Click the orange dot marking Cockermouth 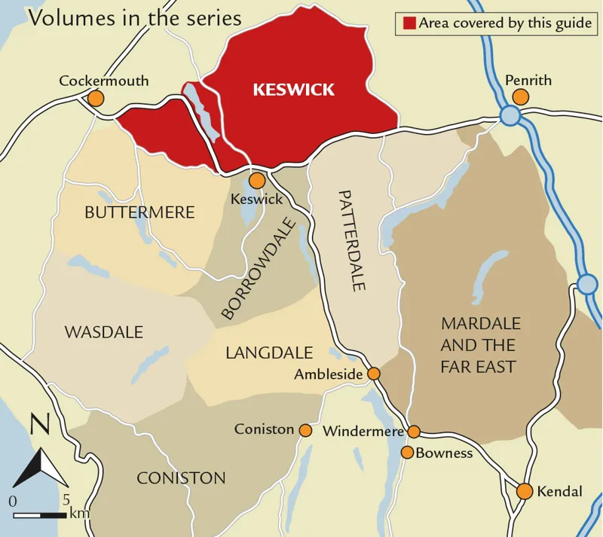point(96,98)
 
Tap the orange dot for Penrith point(520,96)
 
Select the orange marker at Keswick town point(257,181)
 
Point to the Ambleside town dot point(373,374)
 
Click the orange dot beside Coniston point(305,430)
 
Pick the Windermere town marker point(414,432)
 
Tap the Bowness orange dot point(407,453)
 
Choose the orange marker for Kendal point(525,492)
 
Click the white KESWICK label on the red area point(293,90)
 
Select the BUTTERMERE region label point(139,212)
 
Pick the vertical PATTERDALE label point(351,240)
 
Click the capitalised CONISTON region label point(181,478)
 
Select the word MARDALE point(481,324)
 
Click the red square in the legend point(409,23)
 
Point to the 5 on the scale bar point(66,499)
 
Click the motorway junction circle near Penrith point(510,115)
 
